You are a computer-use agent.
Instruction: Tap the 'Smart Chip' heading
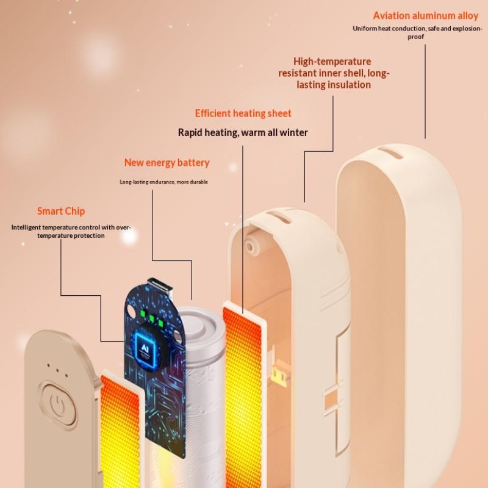click(61, 211)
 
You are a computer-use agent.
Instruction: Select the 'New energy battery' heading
click(167, 162)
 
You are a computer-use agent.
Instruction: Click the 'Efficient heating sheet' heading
click(243, 113)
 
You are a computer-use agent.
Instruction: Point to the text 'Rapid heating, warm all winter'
click(243, 132)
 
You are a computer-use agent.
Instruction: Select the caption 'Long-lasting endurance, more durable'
click(163, 182)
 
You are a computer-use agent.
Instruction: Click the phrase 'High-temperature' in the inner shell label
click(332, 62)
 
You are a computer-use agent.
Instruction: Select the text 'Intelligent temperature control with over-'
click(71, 228)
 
